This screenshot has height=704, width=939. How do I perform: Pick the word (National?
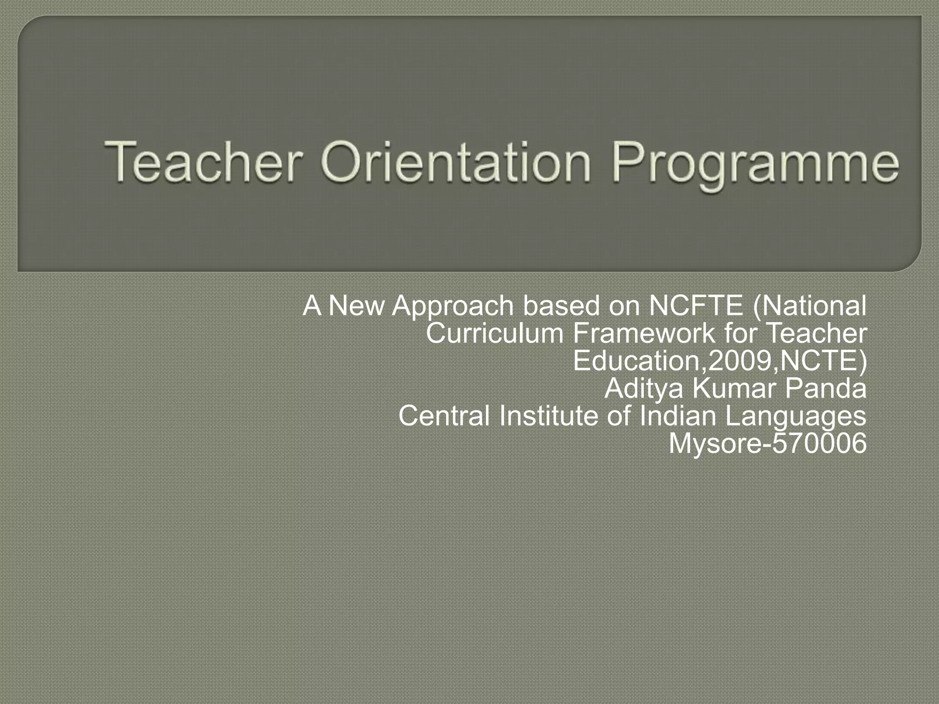[x=810, y=306]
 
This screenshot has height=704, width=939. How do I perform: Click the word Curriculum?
[x=494, y=333]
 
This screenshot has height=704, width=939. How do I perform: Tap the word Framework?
[x=644, y=333]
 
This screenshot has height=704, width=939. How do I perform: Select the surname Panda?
[x=825, y=389]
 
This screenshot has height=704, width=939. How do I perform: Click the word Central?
[x=444, y=416]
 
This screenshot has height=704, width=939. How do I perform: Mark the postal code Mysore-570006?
[x=768, y=444]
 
